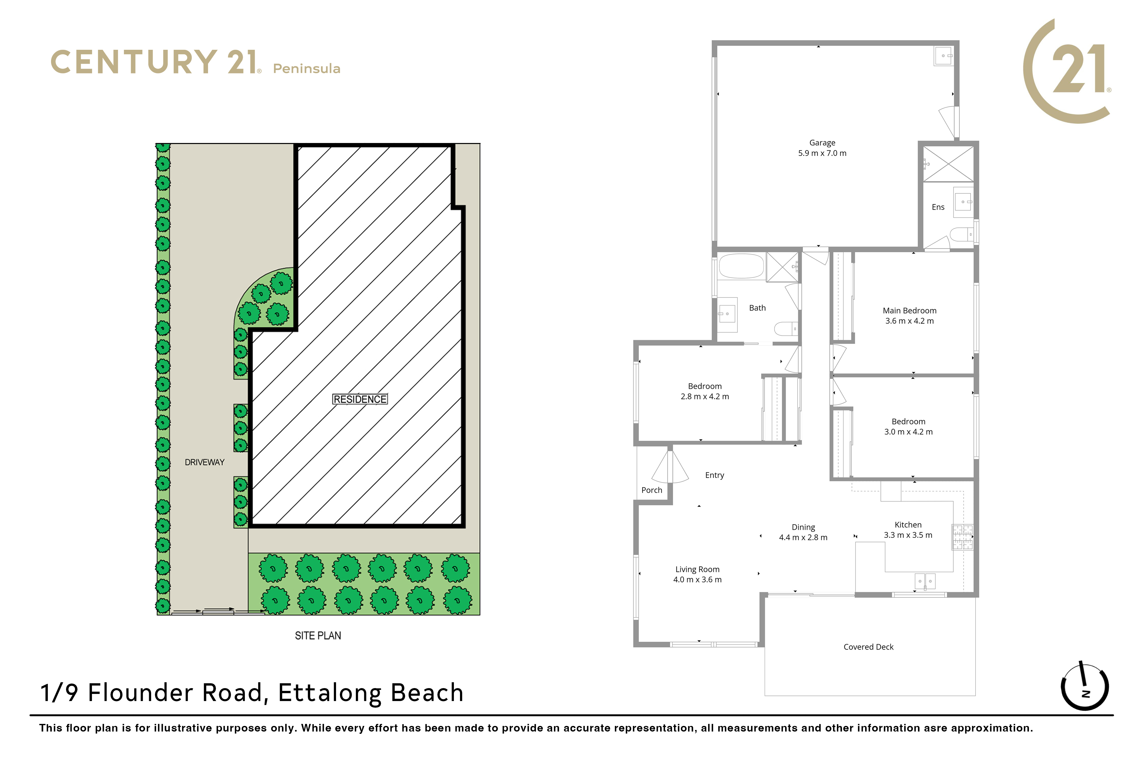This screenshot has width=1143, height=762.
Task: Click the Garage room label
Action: click(x=822, y=143)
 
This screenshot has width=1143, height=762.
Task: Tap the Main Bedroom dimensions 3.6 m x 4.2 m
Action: click(x=909, y=321)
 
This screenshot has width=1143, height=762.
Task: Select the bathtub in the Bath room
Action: click(x=742, y=266)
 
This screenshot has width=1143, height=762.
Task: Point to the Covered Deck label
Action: click(x=868, y=647)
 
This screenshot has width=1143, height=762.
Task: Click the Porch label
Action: click(x=652, y=490)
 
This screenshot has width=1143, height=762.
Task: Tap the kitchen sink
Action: click(x=925, y=581)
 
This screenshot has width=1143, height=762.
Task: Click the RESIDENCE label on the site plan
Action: click(x=360, y=399)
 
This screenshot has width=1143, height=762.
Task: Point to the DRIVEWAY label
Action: click(x=204, y=462)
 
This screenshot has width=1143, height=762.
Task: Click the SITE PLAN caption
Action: click(x=318, y=636)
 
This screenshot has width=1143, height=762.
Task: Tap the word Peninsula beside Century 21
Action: click(x=307, y=69)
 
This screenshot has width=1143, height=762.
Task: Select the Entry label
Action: click(x=714, y=475)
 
